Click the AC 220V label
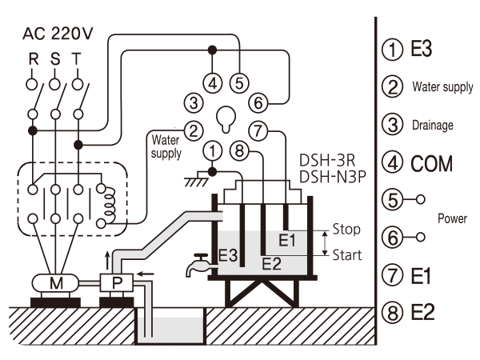point(58,34)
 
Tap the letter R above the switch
point(34,59)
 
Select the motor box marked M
point(55,283)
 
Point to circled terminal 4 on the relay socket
point(213,83)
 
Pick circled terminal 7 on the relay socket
point(258,131)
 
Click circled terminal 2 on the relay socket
point(194,131)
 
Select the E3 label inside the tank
point(228,256)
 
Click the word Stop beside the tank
point(346,230)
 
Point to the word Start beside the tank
point(347,255)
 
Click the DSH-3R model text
point(327,161)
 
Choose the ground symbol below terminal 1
point(197,179)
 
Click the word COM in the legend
point(432,164)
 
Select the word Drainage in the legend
point(433,126)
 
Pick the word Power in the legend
point(452,218)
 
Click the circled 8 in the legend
point(393,313)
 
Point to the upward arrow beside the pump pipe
point(107,261)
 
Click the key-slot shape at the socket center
point(226,119)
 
